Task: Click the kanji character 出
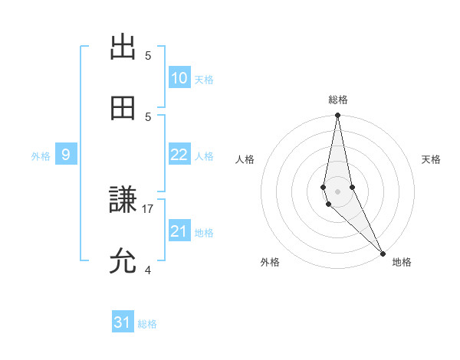(123, 47)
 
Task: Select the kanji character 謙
(123, 201)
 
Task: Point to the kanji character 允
(123, 262)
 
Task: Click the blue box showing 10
(179, 78)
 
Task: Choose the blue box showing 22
(179, 155)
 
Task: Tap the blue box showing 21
(179, 231)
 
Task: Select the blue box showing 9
(66, 155)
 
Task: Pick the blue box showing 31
(123, 322)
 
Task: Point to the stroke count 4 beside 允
(148, 270)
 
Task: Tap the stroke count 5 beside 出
(148, 55)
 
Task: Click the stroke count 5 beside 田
(148, 116)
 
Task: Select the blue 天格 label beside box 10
(204, 79)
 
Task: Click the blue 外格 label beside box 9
(41, 155)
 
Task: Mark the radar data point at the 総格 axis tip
(337, 116)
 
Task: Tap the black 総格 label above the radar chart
(338, 100)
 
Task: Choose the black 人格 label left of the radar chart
(245, 159)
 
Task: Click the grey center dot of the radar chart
(337, 191)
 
